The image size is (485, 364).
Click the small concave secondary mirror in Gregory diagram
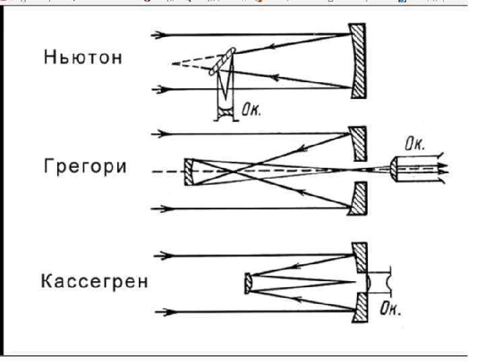190,172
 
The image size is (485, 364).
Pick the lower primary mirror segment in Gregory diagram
358,201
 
